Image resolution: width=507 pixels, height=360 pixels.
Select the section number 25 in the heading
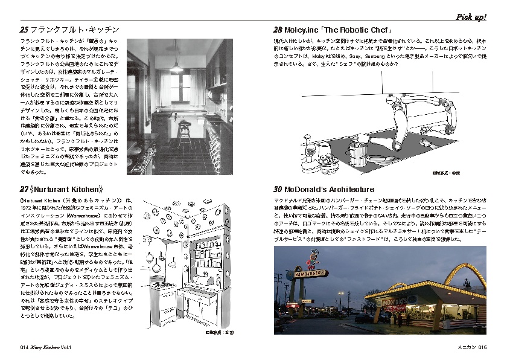tap(24, 30)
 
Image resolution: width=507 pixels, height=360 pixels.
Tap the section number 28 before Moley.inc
tap(278, 30)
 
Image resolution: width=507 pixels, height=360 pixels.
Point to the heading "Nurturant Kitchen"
tap(66, 188)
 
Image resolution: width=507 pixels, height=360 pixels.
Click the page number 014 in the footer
tap(24, 347)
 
